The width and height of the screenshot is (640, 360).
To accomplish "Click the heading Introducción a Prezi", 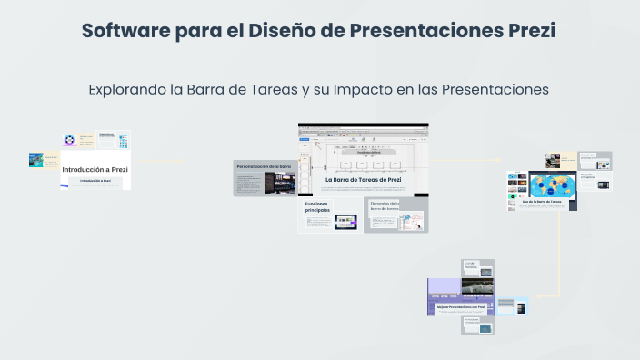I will [95, 170].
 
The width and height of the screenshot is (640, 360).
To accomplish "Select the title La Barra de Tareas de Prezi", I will [363, 180].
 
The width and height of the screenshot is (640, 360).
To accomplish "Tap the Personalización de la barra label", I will [264, 167].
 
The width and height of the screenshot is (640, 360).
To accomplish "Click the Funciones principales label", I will [318, 207].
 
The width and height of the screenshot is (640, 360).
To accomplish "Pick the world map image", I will [549, 185].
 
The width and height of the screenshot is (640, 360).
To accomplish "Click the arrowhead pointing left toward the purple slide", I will [537, 296].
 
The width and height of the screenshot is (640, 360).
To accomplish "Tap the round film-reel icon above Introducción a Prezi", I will [68, 140].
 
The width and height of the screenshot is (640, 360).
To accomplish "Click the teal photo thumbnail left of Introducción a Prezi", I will [36, 160].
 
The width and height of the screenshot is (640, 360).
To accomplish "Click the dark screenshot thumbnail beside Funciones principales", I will [345, 220].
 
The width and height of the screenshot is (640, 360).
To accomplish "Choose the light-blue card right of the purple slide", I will [513, 306].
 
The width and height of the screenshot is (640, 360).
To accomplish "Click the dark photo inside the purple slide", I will [478, 287].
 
